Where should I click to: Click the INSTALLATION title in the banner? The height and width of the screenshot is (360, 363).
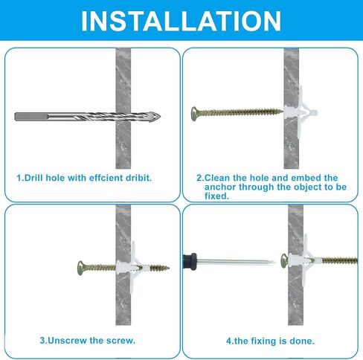[181, 21]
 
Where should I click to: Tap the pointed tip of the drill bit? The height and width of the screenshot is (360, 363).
[161, 116]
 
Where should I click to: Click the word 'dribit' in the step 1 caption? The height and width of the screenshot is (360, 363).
[138, 178]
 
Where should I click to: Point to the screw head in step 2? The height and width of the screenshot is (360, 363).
[195, 114]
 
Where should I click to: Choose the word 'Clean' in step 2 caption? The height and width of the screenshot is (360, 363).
[216, 178]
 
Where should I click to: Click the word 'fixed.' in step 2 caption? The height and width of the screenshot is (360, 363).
[216, 196]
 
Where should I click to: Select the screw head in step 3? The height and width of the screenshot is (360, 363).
[81, 268]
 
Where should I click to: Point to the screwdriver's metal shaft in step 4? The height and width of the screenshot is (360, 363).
[237, 262]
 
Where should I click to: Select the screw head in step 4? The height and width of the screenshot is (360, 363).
[284, 261]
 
